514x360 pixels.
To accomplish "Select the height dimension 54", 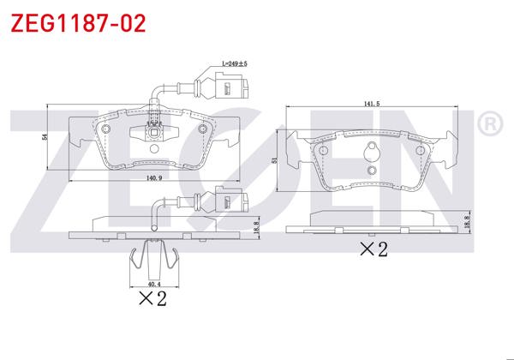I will [45, 136].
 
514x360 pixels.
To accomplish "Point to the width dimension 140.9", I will [154, 178].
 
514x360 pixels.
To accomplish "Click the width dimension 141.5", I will [371, 103].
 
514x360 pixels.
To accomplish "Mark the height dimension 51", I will [275, 159].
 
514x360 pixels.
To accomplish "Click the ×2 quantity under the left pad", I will [152, 298].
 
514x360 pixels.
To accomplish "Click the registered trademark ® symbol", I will [489, 123].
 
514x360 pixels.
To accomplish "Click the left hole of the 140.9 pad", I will [106, 129].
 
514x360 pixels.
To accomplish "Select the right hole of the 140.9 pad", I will [203, 129].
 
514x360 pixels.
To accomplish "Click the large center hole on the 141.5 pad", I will [372, 155].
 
